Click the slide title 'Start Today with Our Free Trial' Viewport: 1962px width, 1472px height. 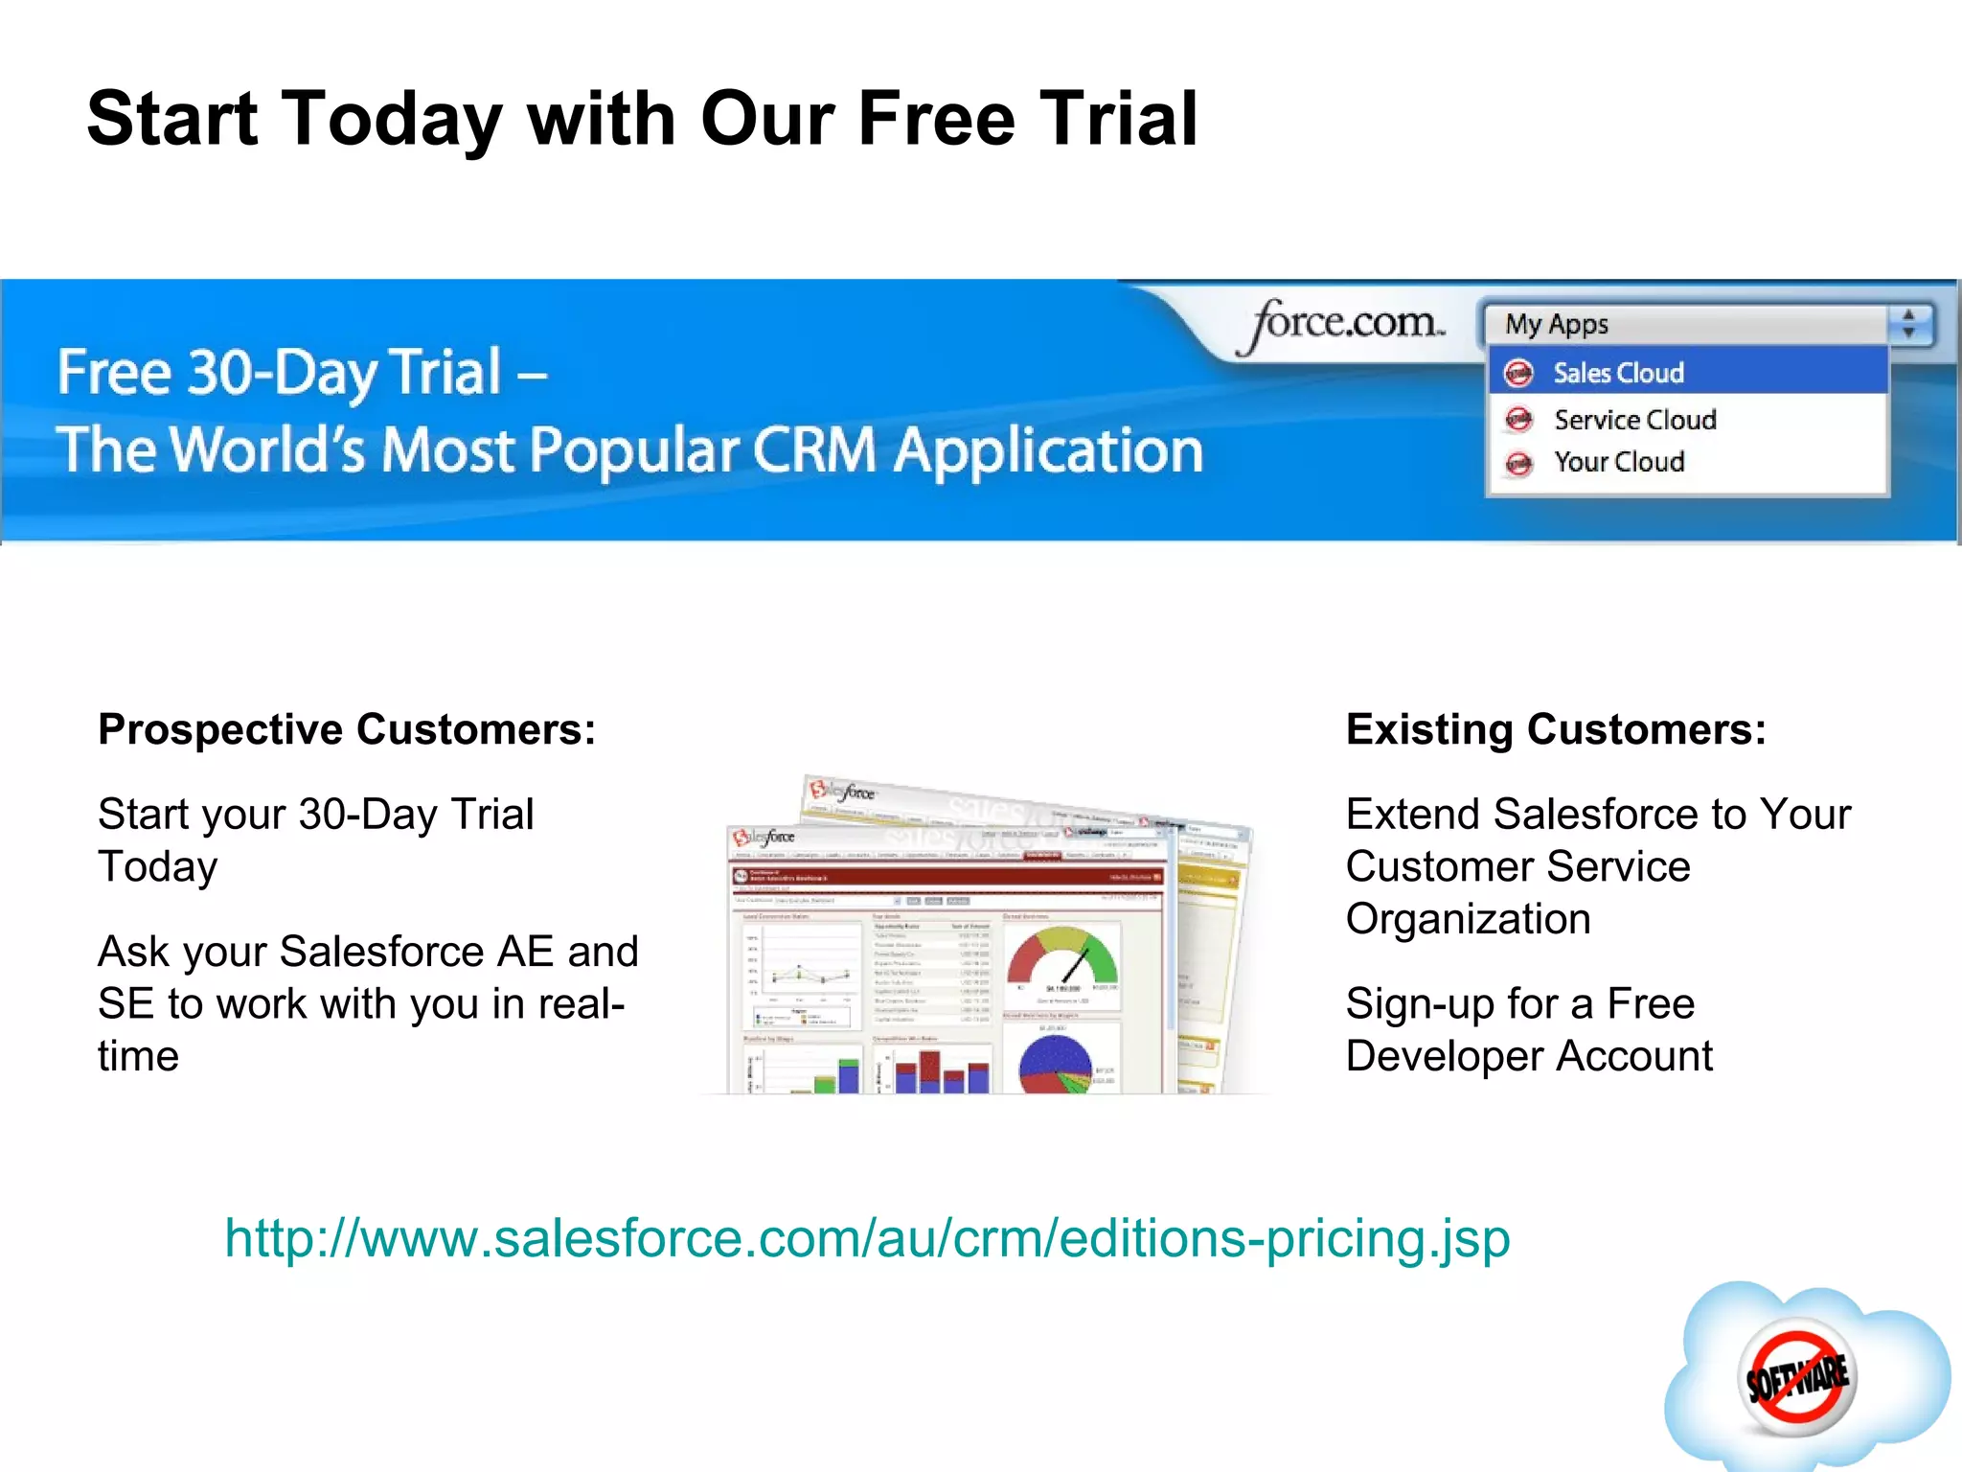(x=642, y=119)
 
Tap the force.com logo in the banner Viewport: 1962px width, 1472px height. (x=1341, y=324)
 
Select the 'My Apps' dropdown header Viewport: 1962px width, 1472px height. (x=1686, y=325)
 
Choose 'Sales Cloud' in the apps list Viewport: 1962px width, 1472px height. (x=1618, y=373)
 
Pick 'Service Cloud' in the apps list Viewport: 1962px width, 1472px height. (x=1634, y=420)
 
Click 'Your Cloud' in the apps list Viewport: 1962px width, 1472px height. (x=1618, y=462)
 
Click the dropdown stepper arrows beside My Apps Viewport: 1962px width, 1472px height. (x=1909, y=324)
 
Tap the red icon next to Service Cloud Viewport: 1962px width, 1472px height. (x=1518, y=420)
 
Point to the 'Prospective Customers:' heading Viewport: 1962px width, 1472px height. (x=347, y=729)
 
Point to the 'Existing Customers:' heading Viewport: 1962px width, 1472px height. (x=1556, y=729)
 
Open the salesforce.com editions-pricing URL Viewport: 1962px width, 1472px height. (x=867, y=1238)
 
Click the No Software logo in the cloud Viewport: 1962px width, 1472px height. (x=1797, y=1378)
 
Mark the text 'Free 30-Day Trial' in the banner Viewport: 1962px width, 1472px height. (x=279, y=372)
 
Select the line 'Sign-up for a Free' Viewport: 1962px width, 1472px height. (x=1519, y=1004)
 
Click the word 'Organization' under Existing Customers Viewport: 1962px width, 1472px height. (x=1468, y=919)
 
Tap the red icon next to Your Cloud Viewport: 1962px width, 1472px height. (x=1518, y=463)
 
